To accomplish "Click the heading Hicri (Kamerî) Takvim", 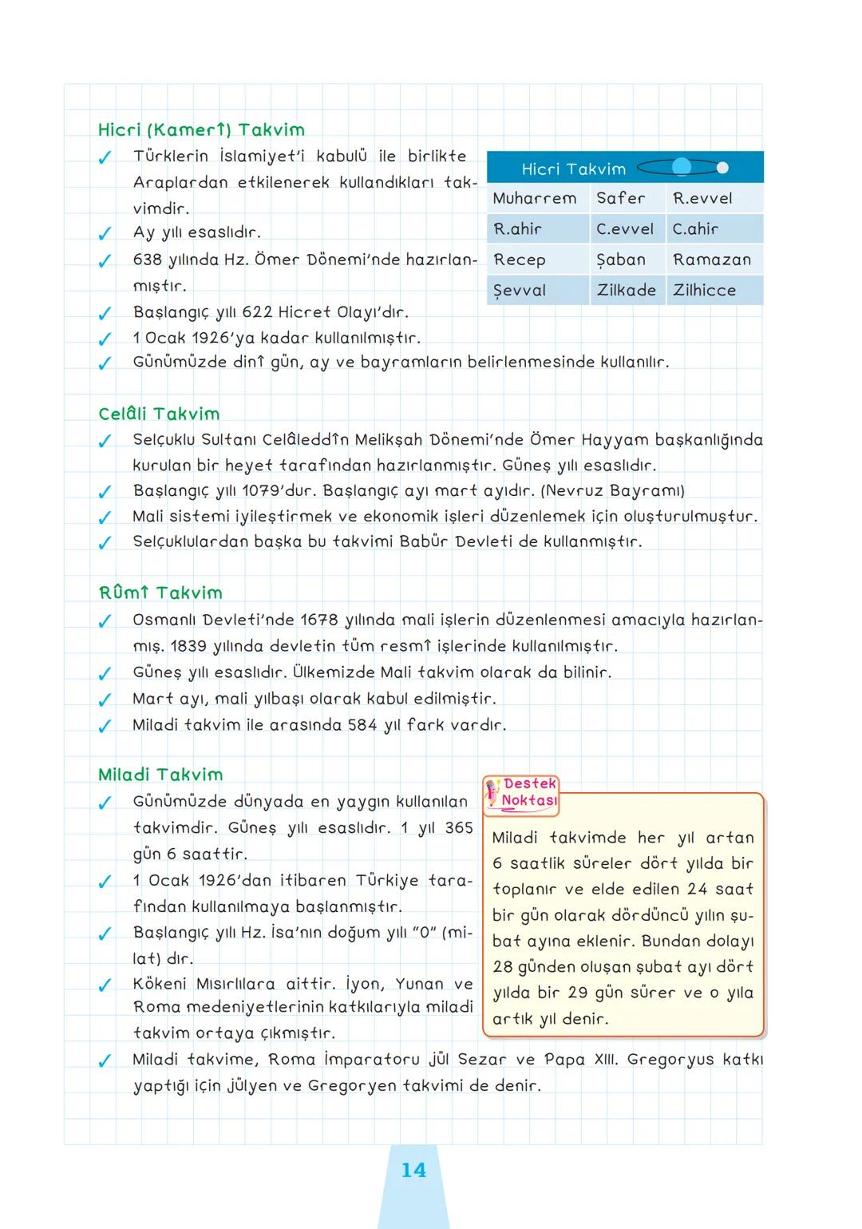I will tap(201, 130).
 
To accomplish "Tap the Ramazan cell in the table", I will tap(711, 260).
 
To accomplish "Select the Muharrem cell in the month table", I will tap(534, 198).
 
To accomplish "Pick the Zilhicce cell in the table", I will tap(704, 290).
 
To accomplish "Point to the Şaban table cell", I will tap(620, 260).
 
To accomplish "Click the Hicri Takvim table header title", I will tap(573, 168).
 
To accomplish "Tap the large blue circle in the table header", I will tap(682, 167).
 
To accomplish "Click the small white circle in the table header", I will tap(722, 168).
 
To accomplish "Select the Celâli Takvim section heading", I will tap(159, 414).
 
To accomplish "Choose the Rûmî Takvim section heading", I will tap(160, 593).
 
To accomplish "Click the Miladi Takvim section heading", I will tap(160, 775).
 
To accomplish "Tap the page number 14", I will tap(413, 1170).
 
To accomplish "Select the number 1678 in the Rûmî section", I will tap(318, 620).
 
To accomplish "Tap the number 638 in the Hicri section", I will tap(148, 260).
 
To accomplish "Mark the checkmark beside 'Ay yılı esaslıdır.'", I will tap(104, 235).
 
